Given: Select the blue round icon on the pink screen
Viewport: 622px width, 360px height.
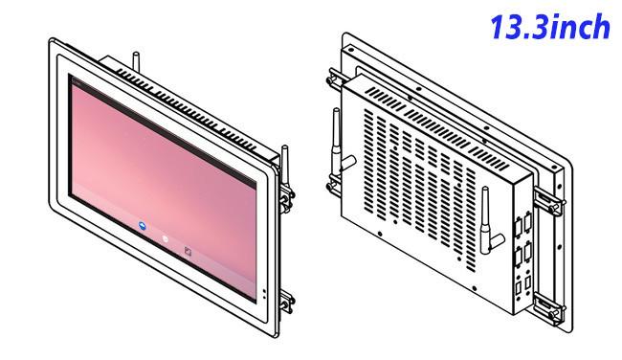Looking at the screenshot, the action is pos(143,226).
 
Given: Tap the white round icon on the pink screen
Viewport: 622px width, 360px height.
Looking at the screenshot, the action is pos(165,239).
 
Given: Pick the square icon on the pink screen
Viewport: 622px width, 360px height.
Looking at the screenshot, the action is pos(188,251).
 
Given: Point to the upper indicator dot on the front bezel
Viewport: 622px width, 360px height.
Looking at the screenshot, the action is pos(264,291).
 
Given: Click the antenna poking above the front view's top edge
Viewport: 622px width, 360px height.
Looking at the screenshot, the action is pos(137,61).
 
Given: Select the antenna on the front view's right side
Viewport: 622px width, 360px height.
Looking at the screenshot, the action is pos(285,167).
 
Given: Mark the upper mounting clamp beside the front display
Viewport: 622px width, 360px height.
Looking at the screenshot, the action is pos(286,197).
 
